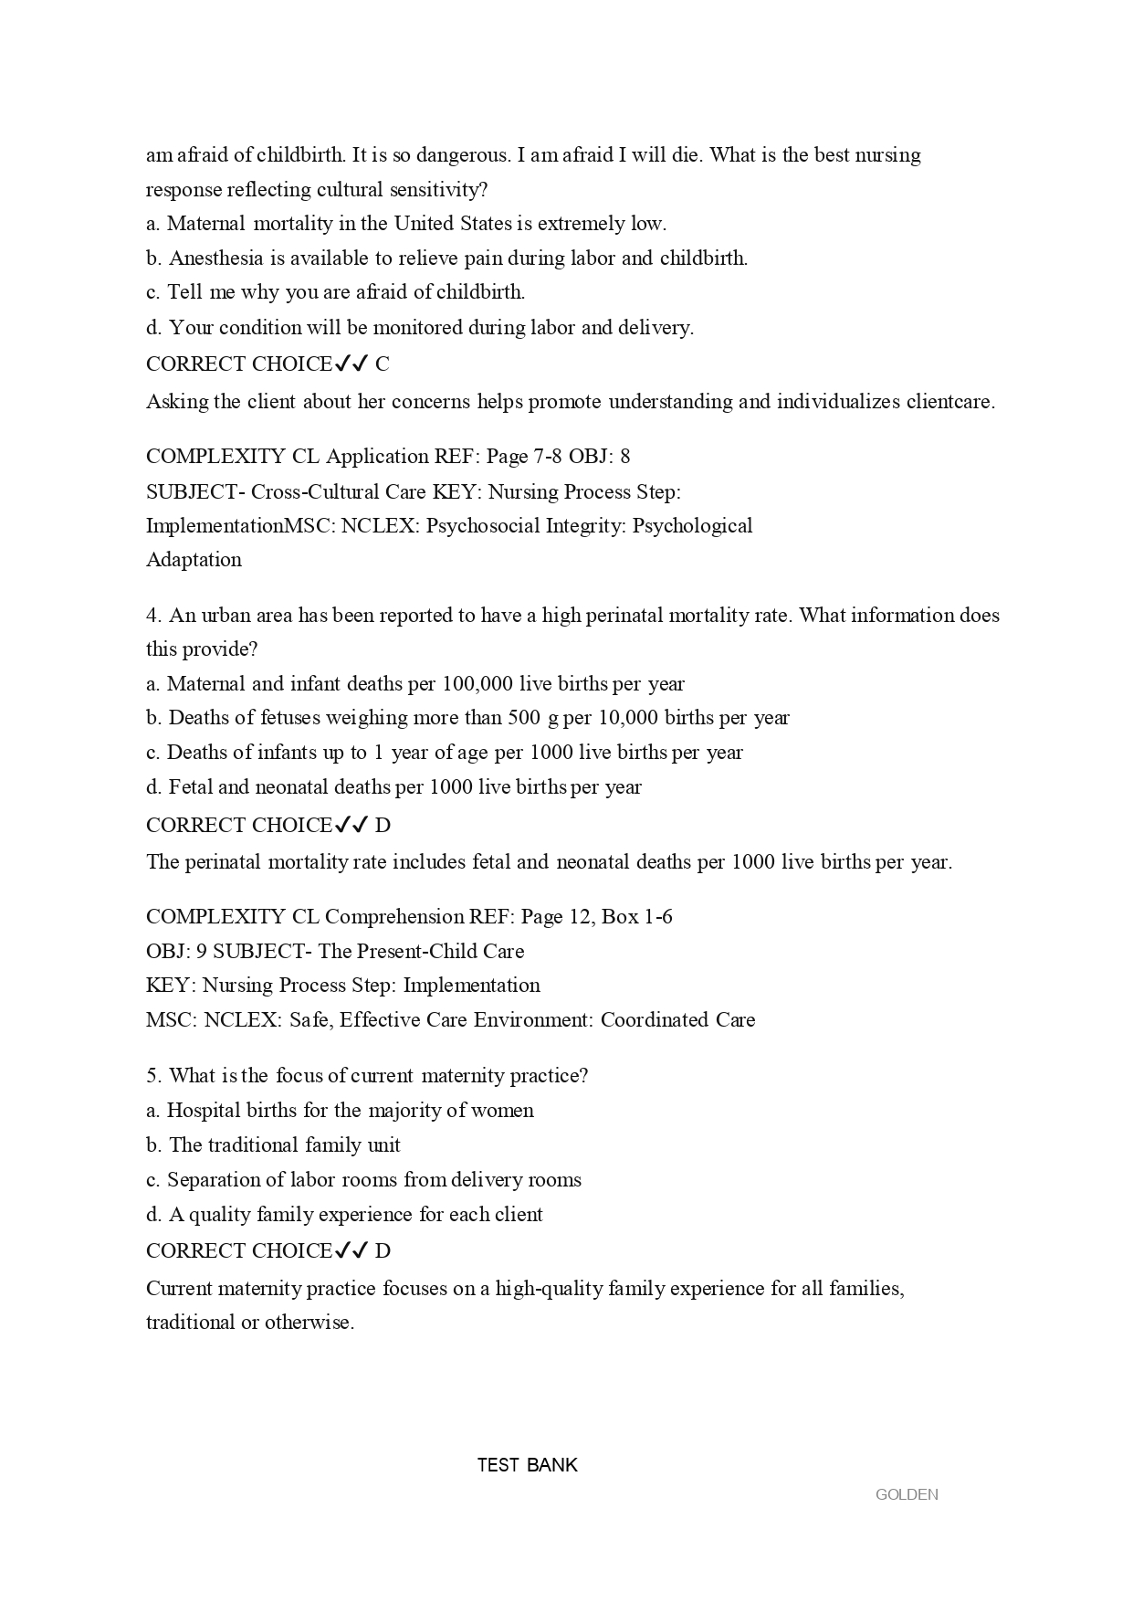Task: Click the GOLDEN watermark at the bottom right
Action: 906,1495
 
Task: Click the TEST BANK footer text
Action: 527,1466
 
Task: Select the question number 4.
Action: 153,616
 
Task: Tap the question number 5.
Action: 153,1076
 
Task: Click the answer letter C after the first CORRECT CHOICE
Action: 382,364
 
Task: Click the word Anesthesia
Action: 216,258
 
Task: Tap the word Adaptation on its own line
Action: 194,560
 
